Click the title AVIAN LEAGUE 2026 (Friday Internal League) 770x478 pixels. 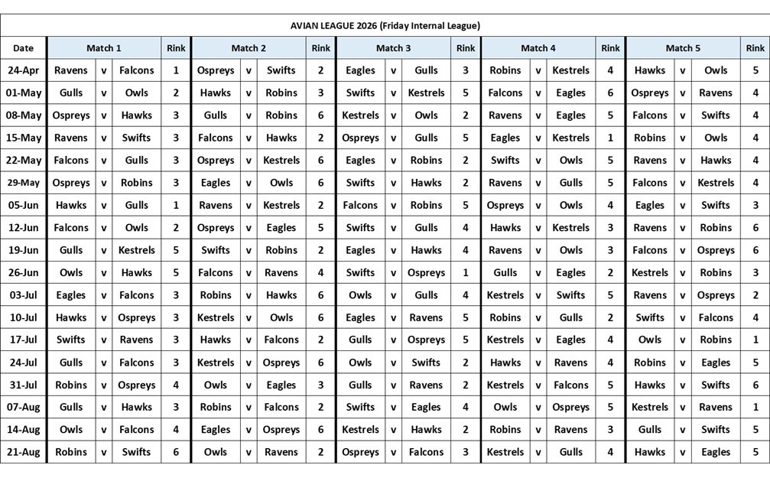tap(385, 25)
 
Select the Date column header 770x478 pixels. tap(24, 48)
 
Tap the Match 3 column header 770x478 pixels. tap(393, 48)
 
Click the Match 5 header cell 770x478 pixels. tap(683, 48)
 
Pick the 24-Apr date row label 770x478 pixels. tap(24, 70)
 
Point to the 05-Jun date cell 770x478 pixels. tap(24, 205)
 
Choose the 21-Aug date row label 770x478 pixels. tap(24, 452)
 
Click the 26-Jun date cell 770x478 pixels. tap(24, 272)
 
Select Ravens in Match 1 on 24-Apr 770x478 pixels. tap(71, 70)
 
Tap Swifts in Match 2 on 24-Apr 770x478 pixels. tap(281, 70)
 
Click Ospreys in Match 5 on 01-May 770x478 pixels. tap(650, 93)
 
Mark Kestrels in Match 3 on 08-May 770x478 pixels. tap(360, 115)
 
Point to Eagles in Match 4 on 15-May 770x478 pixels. tap(505, 138)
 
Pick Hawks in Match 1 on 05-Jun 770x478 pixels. tap(71, 205)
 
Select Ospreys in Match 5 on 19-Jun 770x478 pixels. tap(716, 250)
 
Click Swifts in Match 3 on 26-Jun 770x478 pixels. tap(360, 272)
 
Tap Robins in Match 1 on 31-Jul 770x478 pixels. tap(71, 385)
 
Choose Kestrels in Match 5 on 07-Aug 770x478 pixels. tap(650, 407)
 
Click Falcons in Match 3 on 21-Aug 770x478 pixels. tap(426, 452)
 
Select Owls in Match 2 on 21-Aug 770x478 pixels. tap(216, 452)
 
